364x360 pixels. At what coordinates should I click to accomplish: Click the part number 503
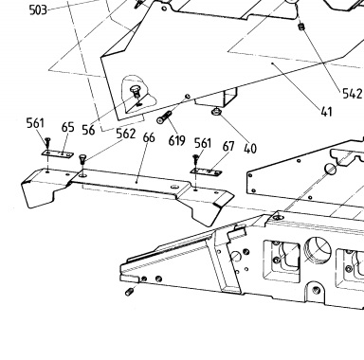(x=38, y=10)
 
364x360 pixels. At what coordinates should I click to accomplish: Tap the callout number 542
(x=353, y=94)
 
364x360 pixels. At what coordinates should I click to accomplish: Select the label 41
(x=327, y=112)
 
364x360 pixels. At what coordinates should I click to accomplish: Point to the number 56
(x=88, y=130)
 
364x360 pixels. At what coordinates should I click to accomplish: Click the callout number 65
(x=68, y=127)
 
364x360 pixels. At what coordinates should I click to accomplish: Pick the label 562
(x=126, y=134)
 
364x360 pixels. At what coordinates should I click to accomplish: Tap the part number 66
(x=149, y=137)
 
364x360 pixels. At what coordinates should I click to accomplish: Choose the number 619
(x=176, y=140)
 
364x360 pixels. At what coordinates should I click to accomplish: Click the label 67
(x=228, y=146)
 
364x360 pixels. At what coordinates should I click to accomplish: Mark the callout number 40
(x=250, y=149)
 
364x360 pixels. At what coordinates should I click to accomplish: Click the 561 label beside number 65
(x=35, y=123)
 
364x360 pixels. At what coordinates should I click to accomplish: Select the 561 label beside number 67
(x=203, y=143)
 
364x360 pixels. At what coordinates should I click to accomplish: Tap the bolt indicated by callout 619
(x=164, y=117)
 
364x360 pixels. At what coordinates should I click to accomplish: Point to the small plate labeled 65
(x=58, y=153)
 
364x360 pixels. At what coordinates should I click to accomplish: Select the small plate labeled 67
(x=206, y=171)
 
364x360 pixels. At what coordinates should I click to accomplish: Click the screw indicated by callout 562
(x=82, y=159)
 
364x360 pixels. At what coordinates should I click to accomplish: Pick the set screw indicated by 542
(x=301, y=27)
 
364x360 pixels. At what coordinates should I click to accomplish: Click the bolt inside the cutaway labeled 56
(x=136, y=92)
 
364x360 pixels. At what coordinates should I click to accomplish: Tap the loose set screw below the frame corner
(x=129, y=292)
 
